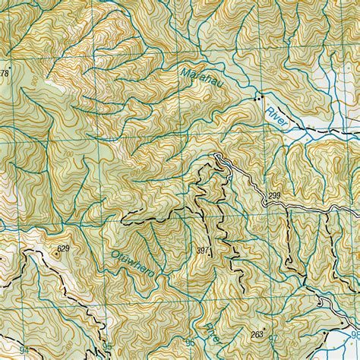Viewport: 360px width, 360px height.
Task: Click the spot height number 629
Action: click(x=62, y=248)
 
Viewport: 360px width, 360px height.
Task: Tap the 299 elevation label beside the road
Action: click(x=274, y=196)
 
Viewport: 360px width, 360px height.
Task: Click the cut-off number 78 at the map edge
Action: click(x=4, y=74)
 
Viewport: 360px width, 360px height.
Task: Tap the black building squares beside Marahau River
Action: click(x=260, y=98)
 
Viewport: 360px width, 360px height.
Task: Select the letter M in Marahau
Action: click(x=186, y=71)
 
